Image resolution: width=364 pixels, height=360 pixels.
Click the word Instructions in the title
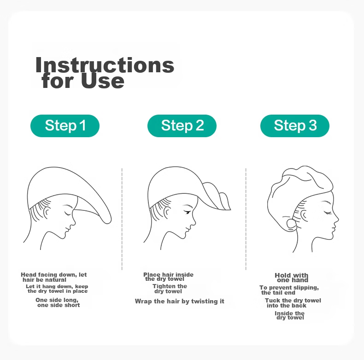(105, 65)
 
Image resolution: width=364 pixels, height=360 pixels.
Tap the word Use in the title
(102, 81)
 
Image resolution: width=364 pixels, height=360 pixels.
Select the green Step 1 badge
(65, 126)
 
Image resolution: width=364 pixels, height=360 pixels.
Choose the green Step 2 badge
(182, 126)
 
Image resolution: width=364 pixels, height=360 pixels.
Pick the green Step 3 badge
(295, 126)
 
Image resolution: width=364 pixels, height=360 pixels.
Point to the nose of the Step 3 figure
(336, 219)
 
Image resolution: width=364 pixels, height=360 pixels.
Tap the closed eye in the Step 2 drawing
(187, 212)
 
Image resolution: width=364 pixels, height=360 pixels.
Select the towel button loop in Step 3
(292, 224)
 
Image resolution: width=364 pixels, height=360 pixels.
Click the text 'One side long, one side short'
(57, 302)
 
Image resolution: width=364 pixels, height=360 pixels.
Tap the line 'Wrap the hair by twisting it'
(179, 302)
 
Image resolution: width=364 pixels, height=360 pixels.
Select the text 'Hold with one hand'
(292, 278)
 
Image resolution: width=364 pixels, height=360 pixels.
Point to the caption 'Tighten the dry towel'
(170, 289)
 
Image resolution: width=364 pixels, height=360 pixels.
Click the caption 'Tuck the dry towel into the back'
(293, 303)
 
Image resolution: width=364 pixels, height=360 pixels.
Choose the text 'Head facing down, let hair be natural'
(53, 277)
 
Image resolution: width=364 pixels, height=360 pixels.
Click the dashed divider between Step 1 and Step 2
(122, 219)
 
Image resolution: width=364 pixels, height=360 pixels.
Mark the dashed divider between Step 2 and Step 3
(246, 219)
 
